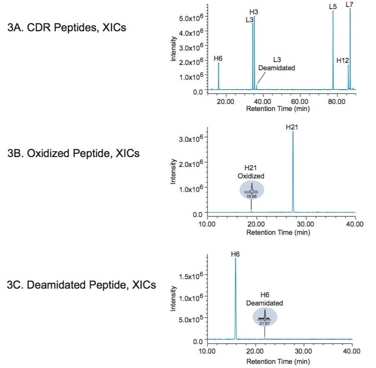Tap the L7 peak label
point(349,5)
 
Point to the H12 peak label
point(342,60)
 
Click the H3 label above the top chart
point(254,12)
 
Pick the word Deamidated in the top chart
point(277,68)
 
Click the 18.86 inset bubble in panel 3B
point(251,190)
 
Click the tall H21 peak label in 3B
point(292,127)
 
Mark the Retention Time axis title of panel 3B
point(278,232)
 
